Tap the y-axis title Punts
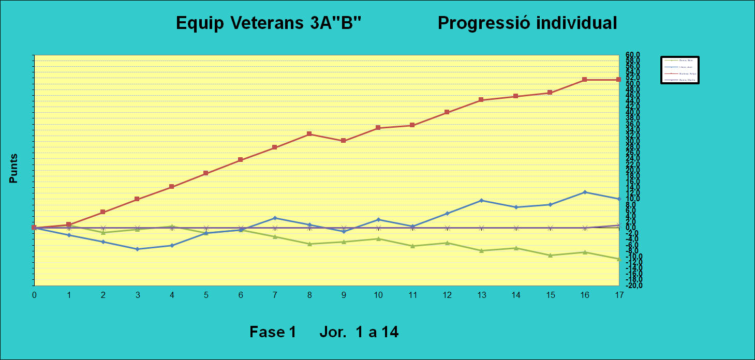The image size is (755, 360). click(x=13, y=169)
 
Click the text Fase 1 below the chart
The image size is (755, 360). click(x=272, y=332)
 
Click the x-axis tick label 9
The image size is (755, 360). click(x=344, y=295)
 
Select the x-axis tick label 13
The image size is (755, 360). click(x=481, y=295)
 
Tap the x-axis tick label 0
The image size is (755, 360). click(x=34, y=295)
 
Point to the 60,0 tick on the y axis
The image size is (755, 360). click(x=633, y=55)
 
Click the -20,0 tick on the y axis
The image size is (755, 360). click(x=633, y=286)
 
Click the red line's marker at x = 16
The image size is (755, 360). click(x=584, y=80)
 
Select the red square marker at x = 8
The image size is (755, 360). click(x=309, y=134)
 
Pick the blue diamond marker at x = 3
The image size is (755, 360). click(x=137, y=249)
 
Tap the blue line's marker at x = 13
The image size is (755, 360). click(x=481, y=200)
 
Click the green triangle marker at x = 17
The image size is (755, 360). click(x=619, y=259)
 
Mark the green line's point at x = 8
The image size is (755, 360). click(x=309, y=244)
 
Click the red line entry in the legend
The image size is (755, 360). click(x=680, y=74)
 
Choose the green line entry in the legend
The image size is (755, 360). click(x=680, y=61)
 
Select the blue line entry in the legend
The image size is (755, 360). click(x=680, y=67)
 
